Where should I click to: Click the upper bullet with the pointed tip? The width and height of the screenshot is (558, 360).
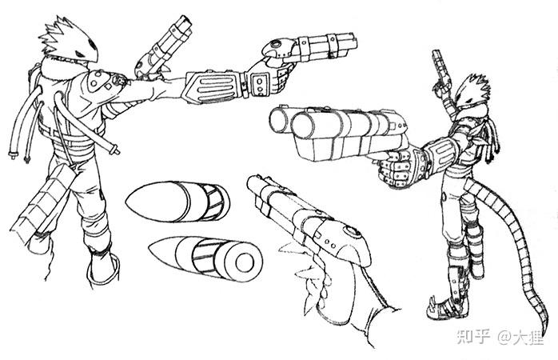click(177, 202)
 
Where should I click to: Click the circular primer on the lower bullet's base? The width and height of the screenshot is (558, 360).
click(244, 262)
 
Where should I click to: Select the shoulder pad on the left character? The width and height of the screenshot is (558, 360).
click(103, 81)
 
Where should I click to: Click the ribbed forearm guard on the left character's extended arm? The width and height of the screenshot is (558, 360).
click(213, 87)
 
